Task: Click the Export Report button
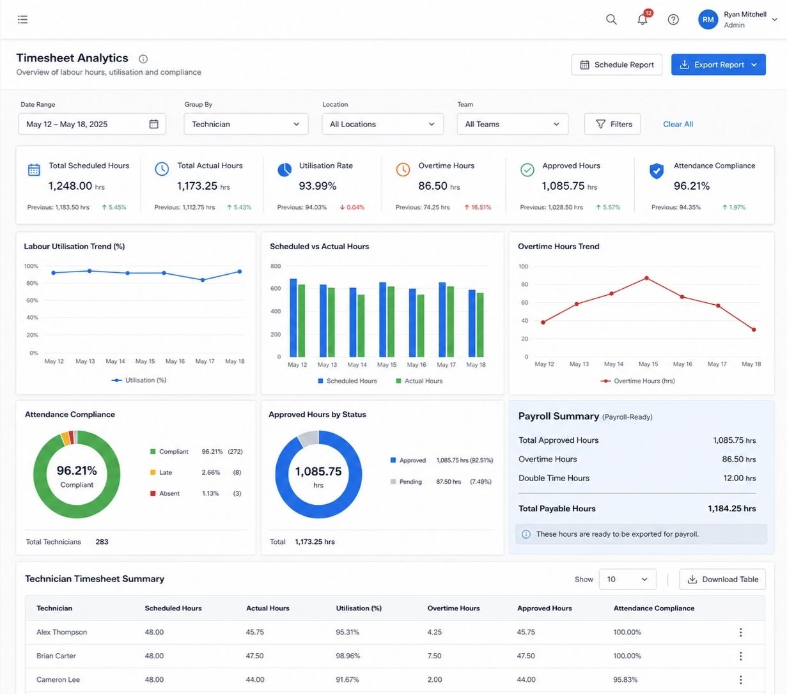[x=718, y=65]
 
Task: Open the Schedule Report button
[x=616, y=65]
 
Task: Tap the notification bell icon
[x=643, y=19]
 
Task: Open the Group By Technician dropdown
[x=246, y=124]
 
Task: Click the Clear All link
[x=678, y=124]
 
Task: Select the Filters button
[x=612, y=124]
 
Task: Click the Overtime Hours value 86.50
[x=433, y=186]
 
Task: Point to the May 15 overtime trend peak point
[x=647, y=278]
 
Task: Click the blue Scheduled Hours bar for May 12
[x=293, y=318]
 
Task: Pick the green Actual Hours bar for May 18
[x=480, y=325]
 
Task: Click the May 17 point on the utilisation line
[x=203, y=280]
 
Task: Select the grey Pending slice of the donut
[x=308, y=438]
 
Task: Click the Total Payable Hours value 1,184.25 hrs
[x=732, y=509]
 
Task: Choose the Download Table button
[x=722, y=580]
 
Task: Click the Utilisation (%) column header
[x=359, y=608]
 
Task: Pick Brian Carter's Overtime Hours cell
[x=434, y=656]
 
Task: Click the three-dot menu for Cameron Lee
[x=741, y=680]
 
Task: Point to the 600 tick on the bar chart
[x=276, y=289]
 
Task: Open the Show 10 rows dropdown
[x=627, y=580]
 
